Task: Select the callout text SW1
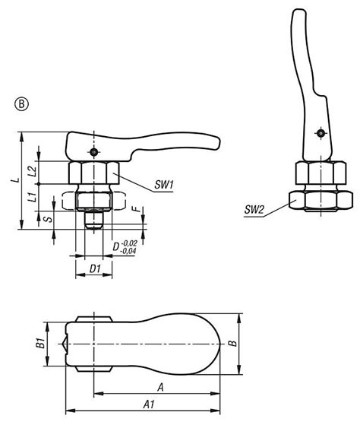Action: click(x=165, y=185)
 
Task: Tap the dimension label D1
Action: click(x=94, y=269)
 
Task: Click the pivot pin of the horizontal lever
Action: click(x=93, y=152)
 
